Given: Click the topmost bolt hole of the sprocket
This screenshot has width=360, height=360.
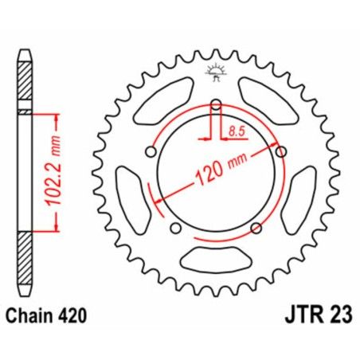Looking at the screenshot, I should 216,103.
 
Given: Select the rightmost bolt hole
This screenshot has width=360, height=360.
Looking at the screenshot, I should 280,150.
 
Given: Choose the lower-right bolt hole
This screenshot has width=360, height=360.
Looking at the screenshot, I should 256,229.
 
